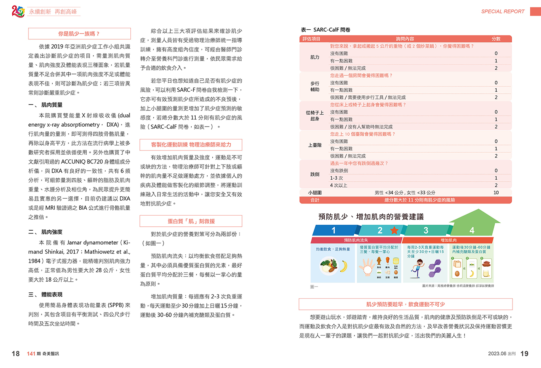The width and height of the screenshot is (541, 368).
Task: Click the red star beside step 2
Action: [x=394, y=230]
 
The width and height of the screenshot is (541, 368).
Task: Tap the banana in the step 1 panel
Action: [x=344, y=266]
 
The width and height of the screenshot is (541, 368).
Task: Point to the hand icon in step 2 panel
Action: [x=367, y=267]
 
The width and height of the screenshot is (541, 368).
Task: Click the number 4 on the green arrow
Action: [x=472, y=230]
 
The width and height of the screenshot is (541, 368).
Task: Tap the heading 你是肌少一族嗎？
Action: [x=79, y=34]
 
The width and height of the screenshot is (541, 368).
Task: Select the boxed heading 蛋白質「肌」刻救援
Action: [x=191, y=221]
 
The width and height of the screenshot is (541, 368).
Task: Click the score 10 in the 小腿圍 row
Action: [x=496, y=193]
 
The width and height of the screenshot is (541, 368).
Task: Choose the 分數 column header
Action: [x=496, y=39]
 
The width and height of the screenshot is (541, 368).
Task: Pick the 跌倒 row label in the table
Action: [x=315, y=174]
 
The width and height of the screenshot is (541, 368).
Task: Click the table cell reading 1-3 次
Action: [x=337, y=178]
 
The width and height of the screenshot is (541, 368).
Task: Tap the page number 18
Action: [x=16, y=354]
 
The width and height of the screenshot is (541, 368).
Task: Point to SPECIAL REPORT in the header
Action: [x=503, y=11]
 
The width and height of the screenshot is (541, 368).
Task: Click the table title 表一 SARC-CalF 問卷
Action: [x=326, y=30]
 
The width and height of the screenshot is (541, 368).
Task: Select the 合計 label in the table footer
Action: [x=315, y=200]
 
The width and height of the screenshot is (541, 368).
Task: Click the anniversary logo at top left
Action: [x=18, y=11]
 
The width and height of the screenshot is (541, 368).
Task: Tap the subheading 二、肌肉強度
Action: [x=46, y=232]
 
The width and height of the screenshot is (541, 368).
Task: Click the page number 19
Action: [x=524, y=354]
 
